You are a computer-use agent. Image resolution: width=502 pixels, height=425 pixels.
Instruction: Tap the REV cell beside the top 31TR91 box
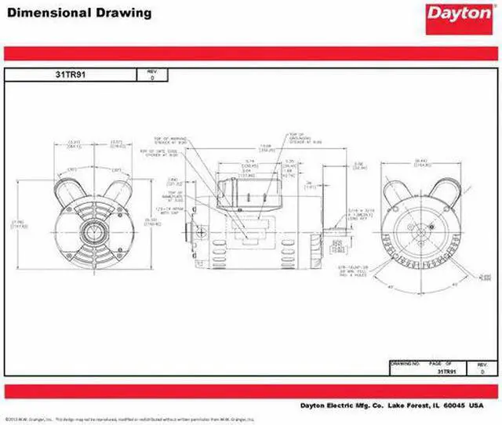pyautogui.click(x=151, y=75)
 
